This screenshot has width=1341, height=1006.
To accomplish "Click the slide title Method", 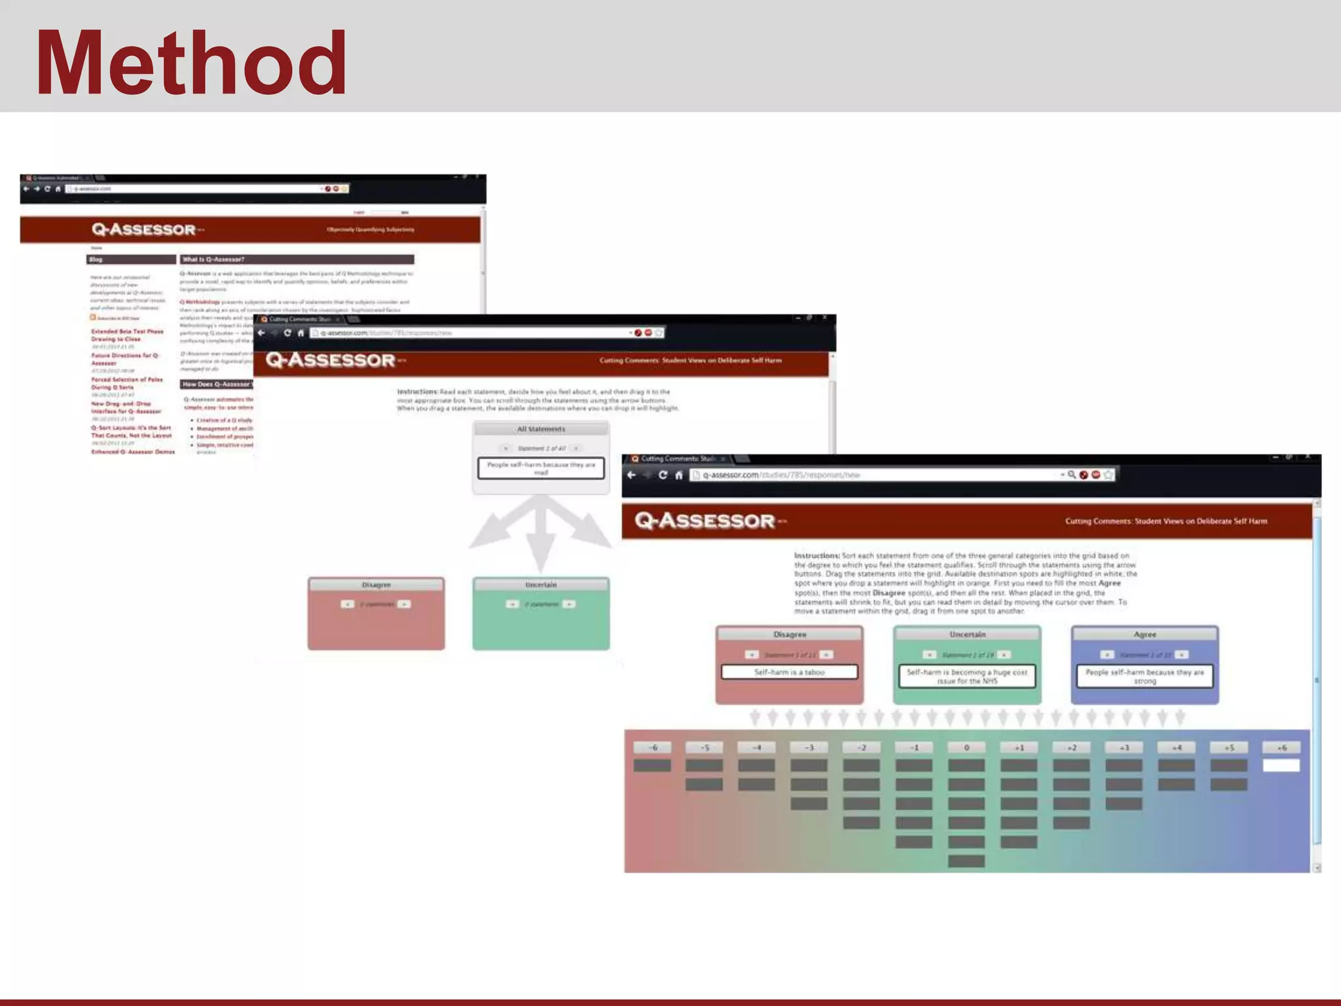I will [191, 64].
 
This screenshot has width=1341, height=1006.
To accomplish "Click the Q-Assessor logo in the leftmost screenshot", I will [144, 229].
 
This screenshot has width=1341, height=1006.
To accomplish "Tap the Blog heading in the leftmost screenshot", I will [130, 259].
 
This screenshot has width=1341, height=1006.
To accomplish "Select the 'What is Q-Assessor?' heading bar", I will [297, 259].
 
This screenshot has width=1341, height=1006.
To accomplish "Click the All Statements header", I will [541, 429].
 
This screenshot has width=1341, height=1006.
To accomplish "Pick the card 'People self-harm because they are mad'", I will [541, 468].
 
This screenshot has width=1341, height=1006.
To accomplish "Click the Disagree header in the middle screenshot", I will [376, 584].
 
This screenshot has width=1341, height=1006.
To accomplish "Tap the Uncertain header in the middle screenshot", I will [541, 584].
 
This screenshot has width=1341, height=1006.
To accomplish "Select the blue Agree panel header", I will [1145, 634].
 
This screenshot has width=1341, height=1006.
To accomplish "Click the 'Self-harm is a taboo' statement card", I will [789, 672].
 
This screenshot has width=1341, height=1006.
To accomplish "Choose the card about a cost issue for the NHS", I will [967, 677].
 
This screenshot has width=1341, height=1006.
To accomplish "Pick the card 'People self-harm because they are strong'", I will [1145, 677].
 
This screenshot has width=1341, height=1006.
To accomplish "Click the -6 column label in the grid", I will [652, 747].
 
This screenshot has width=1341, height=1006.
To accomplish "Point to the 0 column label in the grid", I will [966, 747].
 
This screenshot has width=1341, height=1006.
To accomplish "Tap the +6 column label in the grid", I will [1281, 747].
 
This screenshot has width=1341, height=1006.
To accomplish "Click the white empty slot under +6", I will [1281, 765].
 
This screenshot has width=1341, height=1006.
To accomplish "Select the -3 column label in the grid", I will [809, 747].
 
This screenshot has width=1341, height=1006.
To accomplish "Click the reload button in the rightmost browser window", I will [663, 475].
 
